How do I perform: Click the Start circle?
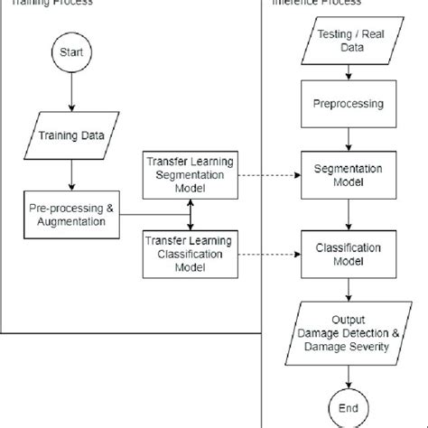[70, 52]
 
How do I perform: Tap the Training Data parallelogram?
[70, 137]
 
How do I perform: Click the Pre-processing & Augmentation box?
[70, 213]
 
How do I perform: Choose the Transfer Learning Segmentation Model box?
[189, 172]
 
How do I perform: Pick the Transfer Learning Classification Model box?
[189, 252]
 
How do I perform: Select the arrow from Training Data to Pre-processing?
[70, 173]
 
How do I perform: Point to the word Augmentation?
[70, 220]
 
